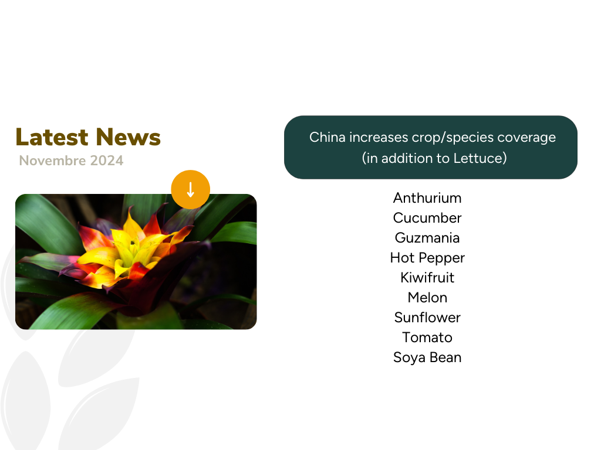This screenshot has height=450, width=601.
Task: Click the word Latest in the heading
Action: coord(52,137)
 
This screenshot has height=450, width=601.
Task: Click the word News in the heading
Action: coord(128,137)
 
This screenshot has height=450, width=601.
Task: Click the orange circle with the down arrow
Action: coord(191,189)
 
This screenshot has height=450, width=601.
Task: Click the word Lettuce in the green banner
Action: coord(477,158)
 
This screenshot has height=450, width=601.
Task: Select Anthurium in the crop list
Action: coord(427,198)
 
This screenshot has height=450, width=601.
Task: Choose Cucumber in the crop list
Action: coord(427,218)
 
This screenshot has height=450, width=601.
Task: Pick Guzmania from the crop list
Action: coord(427,238)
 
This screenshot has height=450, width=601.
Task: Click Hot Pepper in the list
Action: coord(427,258)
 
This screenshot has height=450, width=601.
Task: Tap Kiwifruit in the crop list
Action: coord(427,278)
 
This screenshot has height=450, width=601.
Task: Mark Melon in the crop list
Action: coord(427,298)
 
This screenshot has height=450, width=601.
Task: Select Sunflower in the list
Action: coord(427,318)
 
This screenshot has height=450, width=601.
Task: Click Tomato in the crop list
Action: coord(427,337)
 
